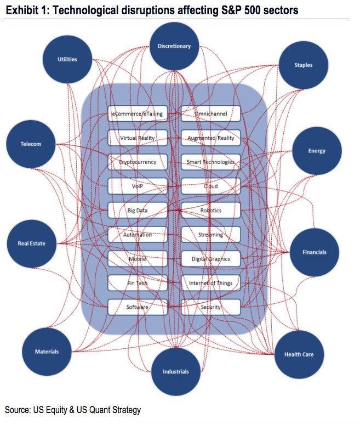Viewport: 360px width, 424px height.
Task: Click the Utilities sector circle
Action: (x=67, y=59)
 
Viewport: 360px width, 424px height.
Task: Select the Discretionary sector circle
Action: (x=174, y=47)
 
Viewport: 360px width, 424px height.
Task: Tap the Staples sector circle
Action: (x=303, y=65)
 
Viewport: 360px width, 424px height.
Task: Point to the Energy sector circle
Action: (x=317, y=151)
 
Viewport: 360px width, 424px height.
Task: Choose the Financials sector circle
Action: (x=315, y=252)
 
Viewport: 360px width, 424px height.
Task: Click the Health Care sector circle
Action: (x=299, y=354)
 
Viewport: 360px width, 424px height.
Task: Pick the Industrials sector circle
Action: (x=175, y=371)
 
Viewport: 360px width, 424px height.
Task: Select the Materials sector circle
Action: (x=47, y=352)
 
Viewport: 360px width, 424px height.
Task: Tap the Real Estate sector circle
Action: (x=31, y=243)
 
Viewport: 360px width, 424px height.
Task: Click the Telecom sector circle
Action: (x=31, y=144)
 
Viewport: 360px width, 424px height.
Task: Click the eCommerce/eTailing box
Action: (x=138, y=114)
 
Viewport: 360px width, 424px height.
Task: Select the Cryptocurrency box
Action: (x=138, y=162)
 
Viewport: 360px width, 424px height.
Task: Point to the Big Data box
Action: (x=138, y=211)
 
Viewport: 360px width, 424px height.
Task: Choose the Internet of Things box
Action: (x=210, y=283)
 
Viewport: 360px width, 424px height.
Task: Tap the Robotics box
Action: (x=210, y=211)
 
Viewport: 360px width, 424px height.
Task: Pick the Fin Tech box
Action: (x=138, y=283)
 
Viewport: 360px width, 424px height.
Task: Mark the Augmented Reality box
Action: (x=210, y=138)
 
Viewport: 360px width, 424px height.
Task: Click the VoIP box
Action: (x=138, y=186)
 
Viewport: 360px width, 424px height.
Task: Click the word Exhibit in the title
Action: (x=22, y=10)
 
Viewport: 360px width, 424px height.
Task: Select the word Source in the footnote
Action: (x=19, y=410)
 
